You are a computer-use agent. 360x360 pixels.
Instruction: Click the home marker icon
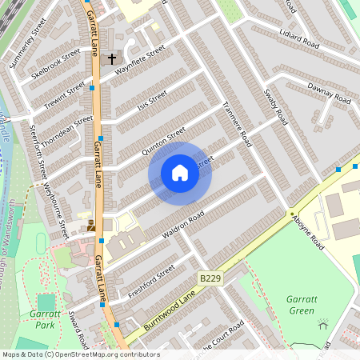180,173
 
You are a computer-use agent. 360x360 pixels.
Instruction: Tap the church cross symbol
112,58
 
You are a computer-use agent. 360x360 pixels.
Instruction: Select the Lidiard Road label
299,34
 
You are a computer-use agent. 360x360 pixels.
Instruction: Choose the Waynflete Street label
139,59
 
